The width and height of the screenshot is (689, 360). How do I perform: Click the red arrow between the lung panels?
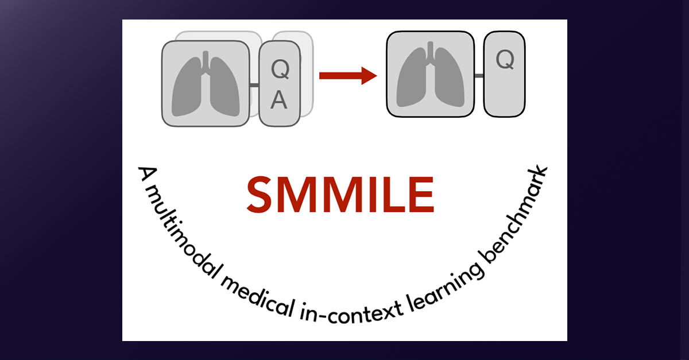(347, 75)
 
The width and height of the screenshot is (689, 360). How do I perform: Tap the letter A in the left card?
(278, 100)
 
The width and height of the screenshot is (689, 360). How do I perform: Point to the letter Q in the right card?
(504, 59)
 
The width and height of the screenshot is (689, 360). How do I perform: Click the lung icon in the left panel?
(205, 84)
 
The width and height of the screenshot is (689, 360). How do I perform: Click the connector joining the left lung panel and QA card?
(254, 85)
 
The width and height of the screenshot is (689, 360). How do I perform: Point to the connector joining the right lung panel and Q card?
(479, 75)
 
